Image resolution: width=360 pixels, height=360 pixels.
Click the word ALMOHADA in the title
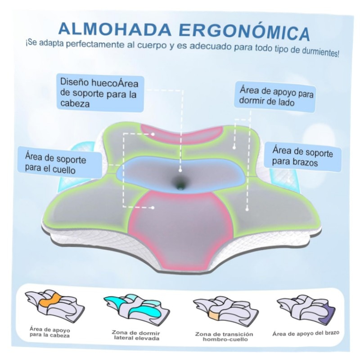[115, 28]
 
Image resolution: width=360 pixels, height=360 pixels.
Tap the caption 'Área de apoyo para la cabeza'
[49, 332]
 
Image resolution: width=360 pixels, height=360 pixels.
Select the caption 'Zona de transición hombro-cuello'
[224, 337]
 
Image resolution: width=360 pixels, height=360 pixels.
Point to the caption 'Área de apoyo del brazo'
[306, 333]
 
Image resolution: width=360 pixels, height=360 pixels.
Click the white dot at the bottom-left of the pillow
[153, 207]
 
